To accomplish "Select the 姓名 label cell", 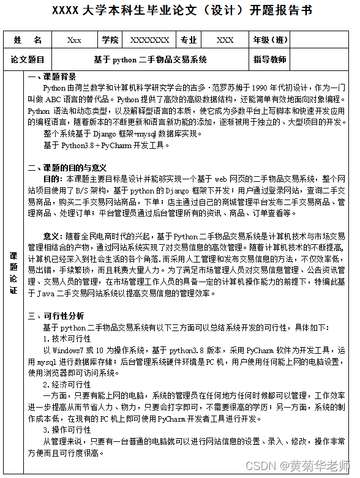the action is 28,40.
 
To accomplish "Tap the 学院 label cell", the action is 110,40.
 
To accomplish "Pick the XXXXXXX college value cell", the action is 149,40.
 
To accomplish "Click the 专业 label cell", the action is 189,40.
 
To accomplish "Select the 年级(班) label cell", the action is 270,40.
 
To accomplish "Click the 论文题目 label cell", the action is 28,59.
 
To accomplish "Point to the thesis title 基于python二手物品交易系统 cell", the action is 150,59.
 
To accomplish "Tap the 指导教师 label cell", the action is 270,59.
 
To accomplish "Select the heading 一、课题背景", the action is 52,77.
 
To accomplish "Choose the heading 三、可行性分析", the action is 56,316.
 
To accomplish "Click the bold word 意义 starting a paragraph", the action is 51,236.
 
